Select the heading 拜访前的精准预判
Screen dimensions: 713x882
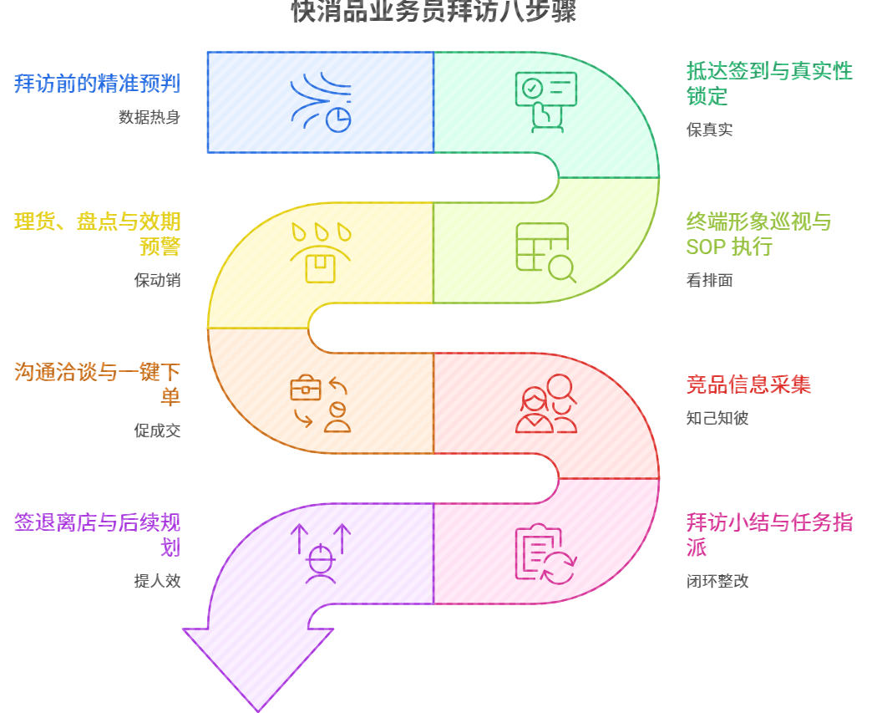click(x=97, y=84)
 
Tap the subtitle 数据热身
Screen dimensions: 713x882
click(x=150, y=117)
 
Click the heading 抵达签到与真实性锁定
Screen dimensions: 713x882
click(x=768, y=83)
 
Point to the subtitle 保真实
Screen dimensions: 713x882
click(x=709, y=130)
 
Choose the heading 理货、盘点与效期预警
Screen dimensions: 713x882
click(x=97, y=234)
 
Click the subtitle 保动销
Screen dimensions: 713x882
click(x=157, y=280)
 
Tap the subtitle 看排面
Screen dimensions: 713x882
click(x=709, y=280)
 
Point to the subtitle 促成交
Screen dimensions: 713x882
click(x=157, y=430)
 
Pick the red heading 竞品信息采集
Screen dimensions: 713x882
click(x=748, y=385)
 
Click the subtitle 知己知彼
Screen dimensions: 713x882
click(x=717, y=418)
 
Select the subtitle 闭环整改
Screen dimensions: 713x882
click(x=717, y=581)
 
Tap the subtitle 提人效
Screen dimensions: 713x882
click(x=157, y=581)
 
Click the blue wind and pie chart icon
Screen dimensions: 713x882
click(x=321, y=103)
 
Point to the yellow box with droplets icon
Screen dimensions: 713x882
click(x=321, y=252)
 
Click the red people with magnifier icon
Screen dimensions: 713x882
click(x=546, y=404)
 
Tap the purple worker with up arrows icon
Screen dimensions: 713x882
click(x=321, y=553)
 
